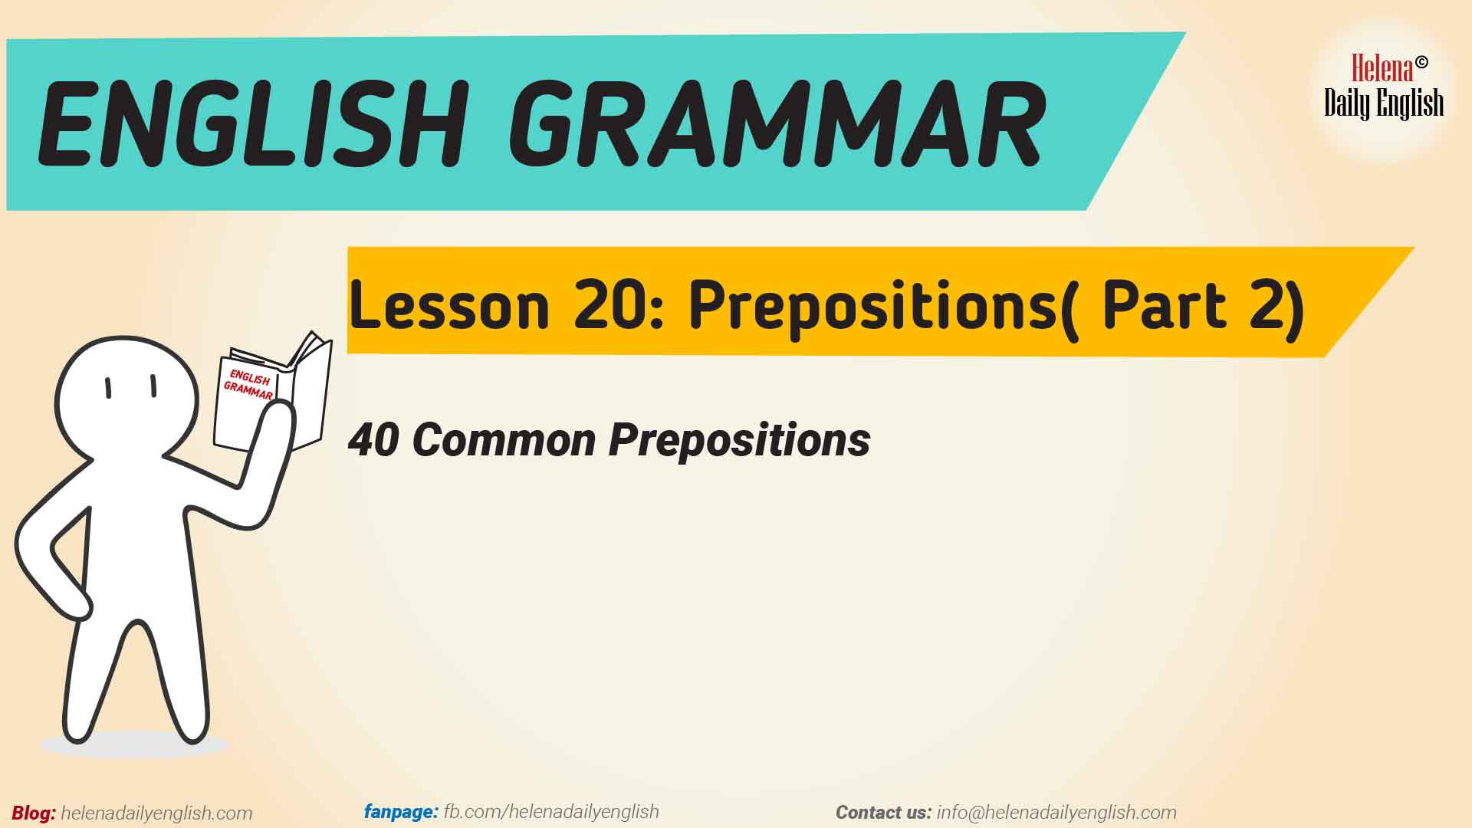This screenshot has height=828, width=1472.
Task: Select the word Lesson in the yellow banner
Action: pyautogui.click(x=449, y=304)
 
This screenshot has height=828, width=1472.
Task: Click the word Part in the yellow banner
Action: pyautogui.click(x=1165, y=304)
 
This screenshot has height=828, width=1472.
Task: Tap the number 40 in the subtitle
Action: pyautogui.click(x=374, y=440)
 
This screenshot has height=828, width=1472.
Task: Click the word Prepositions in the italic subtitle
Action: pyautogui.click(x=740, y=442)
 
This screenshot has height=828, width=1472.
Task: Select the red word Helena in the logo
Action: pyautogui.click(x=1382, y=69)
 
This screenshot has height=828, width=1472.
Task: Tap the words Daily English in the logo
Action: pyautogui.click(x=1384, y=103)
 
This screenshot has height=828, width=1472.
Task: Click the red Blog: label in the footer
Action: pyautogui.click(x=34, y=813)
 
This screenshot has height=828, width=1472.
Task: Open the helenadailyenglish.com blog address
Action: pyautogui.click(x=156, y=813)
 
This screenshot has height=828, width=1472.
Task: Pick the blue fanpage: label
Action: pyautogui.click(x=401, y=811)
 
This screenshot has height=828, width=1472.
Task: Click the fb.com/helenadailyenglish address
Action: pyautogui.click(x=551, y=811)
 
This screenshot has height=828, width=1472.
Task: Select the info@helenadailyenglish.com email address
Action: pyautogui.click(x=1056, y=813)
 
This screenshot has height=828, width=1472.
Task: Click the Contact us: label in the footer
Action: pyautogui.click(x=883, y=813)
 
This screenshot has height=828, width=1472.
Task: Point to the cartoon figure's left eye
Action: pyautogui.click(x=109, y=388)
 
